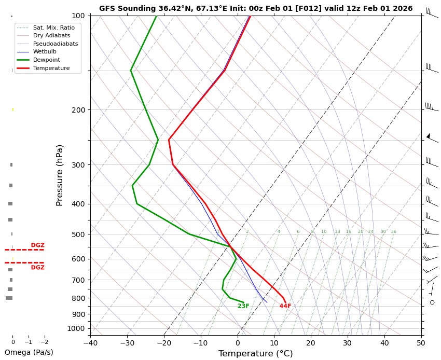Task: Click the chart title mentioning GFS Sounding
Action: click(256, 8)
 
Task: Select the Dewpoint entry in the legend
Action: click(44, 60)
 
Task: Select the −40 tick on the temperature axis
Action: click(90, 342)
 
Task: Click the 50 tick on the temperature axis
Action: click(421, 342)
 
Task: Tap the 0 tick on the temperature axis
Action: click(238, 342)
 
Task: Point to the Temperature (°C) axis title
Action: click(255, 354)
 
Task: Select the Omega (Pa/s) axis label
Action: click(29, 352)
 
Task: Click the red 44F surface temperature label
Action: click(285, 306)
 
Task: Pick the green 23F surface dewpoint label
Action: click(243, 306)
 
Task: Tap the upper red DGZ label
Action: click(37, 245)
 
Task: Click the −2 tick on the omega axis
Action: click(44, 342)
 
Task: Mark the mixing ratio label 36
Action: click(393, 231)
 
